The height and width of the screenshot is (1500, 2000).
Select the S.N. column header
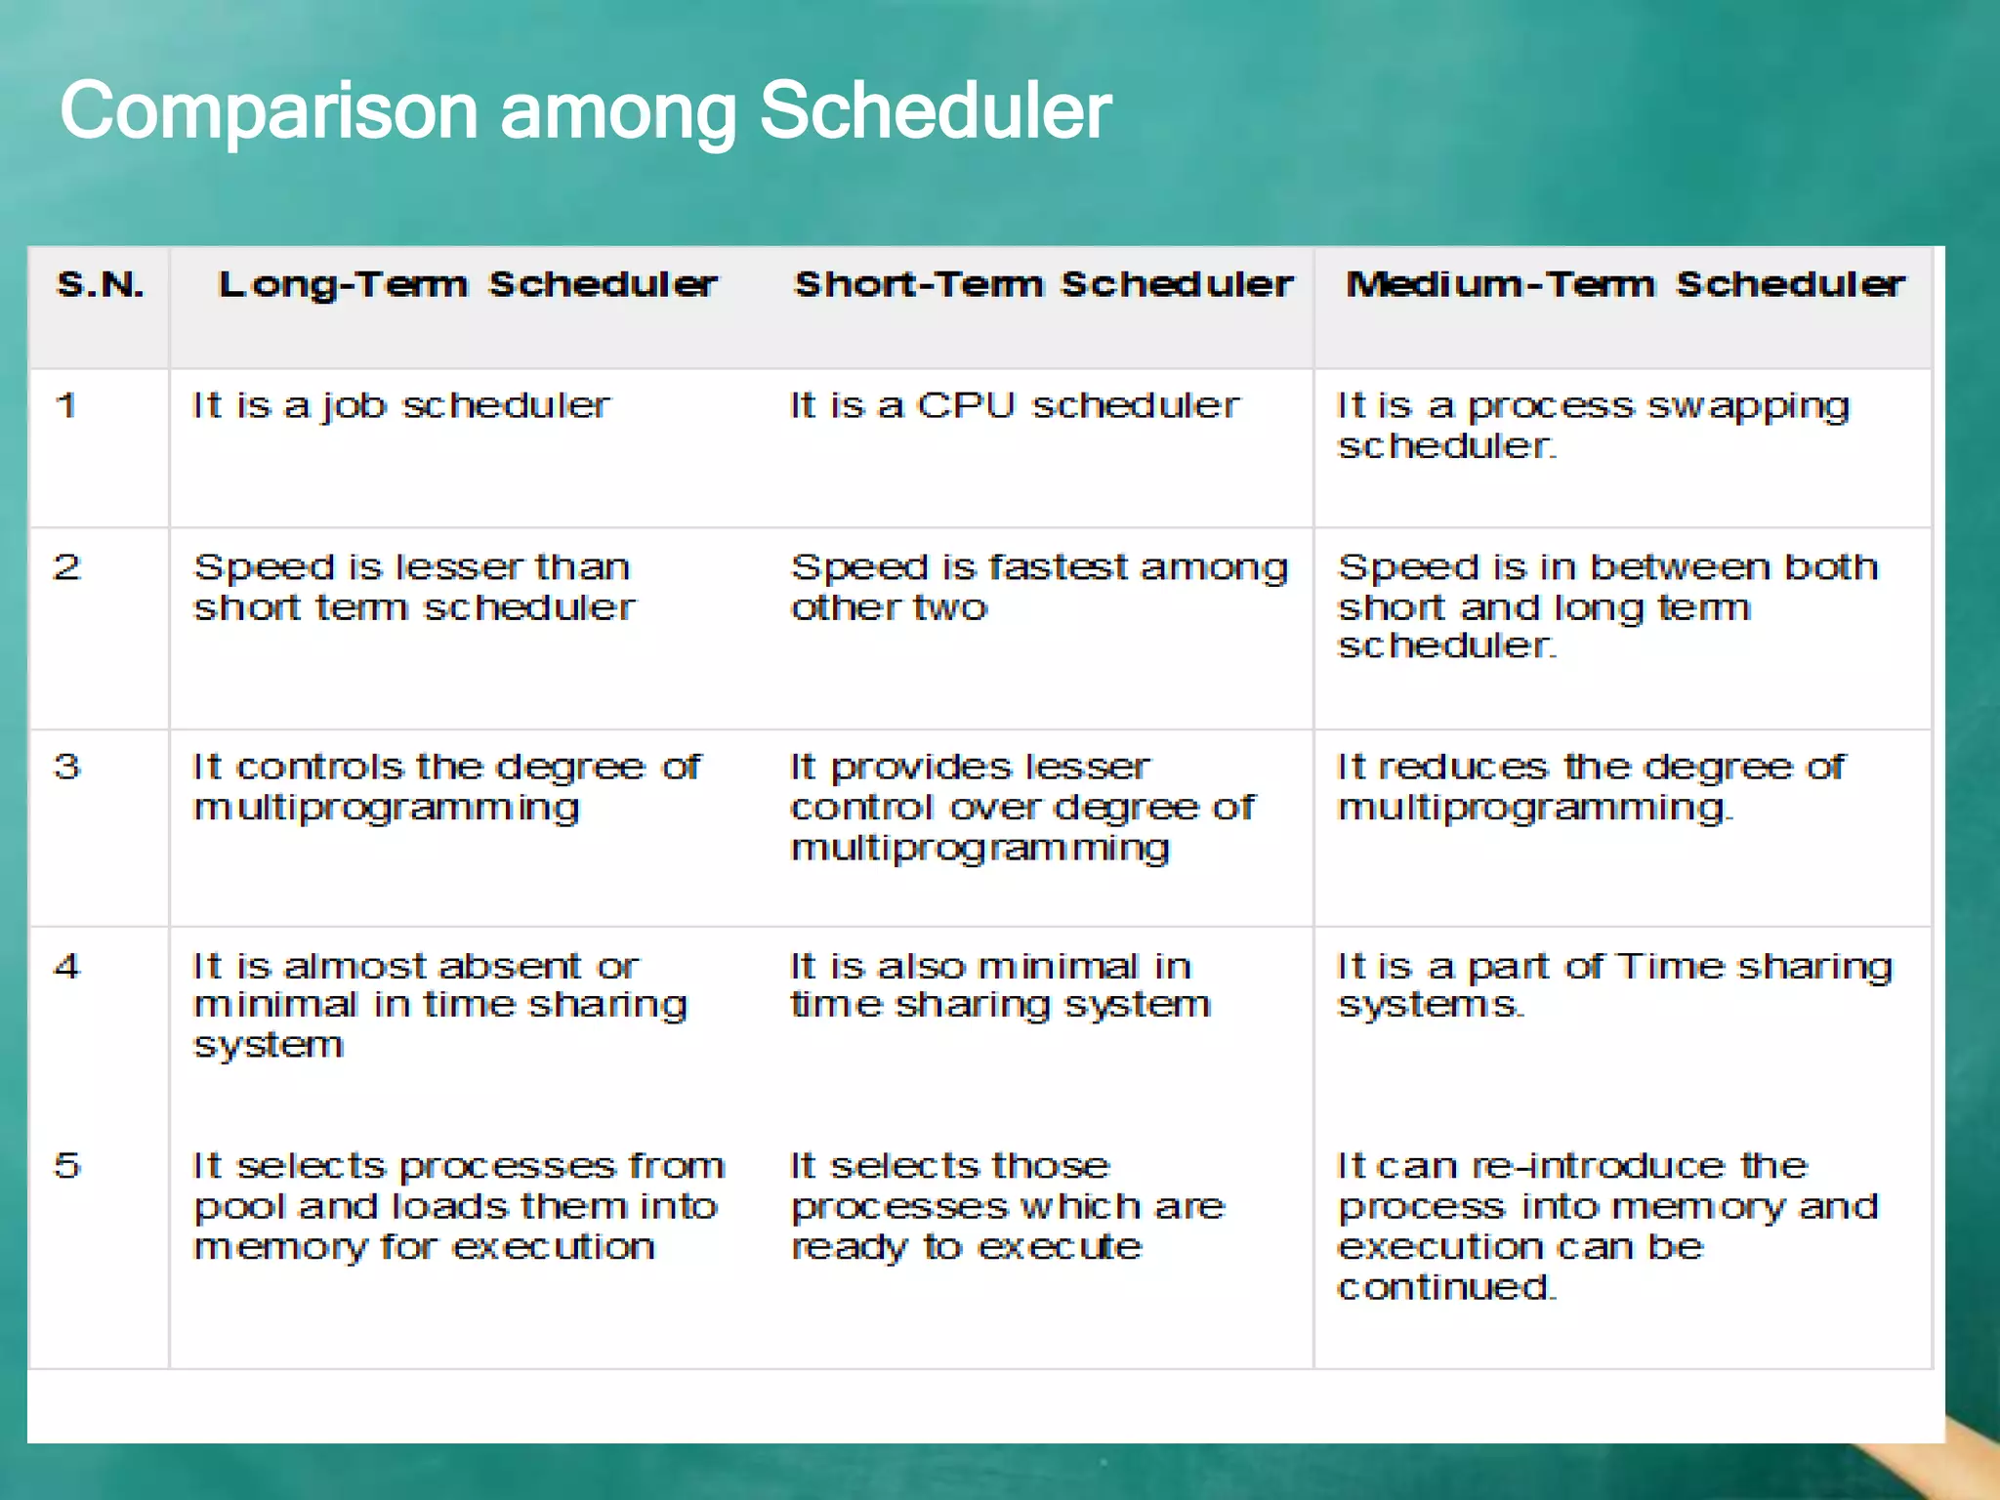point(101,284)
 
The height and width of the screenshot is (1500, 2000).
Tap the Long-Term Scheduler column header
point(468,284)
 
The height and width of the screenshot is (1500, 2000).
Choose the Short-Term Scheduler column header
point(1043,284)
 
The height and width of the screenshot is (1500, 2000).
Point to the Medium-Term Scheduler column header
point(1625,284)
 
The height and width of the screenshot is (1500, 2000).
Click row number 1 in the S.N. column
point(66,405)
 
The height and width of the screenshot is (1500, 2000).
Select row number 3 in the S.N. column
point(66,767)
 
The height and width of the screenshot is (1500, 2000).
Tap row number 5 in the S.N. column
point(66,1166)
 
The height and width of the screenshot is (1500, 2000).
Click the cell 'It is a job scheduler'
point(401,406)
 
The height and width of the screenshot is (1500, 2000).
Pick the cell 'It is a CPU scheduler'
point(1014,406)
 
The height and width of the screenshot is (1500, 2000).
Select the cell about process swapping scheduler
point(1592,426)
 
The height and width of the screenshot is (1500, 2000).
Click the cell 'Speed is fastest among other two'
point(1039,587)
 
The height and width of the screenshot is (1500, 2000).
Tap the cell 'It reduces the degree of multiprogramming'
point(1590,787)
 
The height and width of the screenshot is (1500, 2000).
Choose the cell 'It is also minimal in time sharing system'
point(1000,985)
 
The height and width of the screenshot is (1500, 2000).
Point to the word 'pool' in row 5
point(238,1208)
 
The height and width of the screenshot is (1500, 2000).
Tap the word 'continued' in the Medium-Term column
point(1445,1287)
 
